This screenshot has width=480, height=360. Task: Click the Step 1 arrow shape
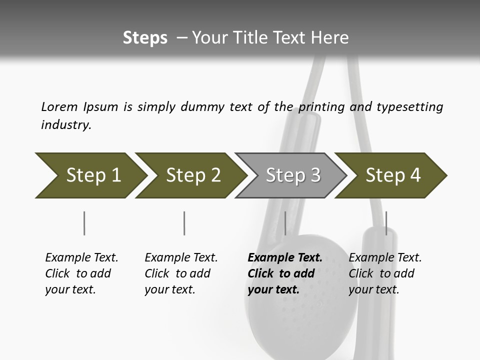90,175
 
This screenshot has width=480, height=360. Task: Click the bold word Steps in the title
145,38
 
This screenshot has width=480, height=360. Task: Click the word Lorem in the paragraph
59,106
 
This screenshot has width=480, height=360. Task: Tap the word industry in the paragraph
66,125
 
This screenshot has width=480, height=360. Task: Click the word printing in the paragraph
319,106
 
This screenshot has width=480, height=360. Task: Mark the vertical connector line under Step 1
84,223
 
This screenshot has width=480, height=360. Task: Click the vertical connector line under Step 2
184,223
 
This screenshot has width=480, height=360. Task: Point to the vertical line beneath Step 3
285,223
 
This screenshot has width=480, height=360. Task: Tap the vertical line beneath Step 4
386,223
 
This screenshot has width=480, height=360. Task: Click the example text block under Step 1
81,273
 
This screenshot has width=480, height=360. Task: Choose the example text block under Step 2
181,273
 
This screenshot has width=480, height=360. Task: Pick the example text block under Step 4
385,273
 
